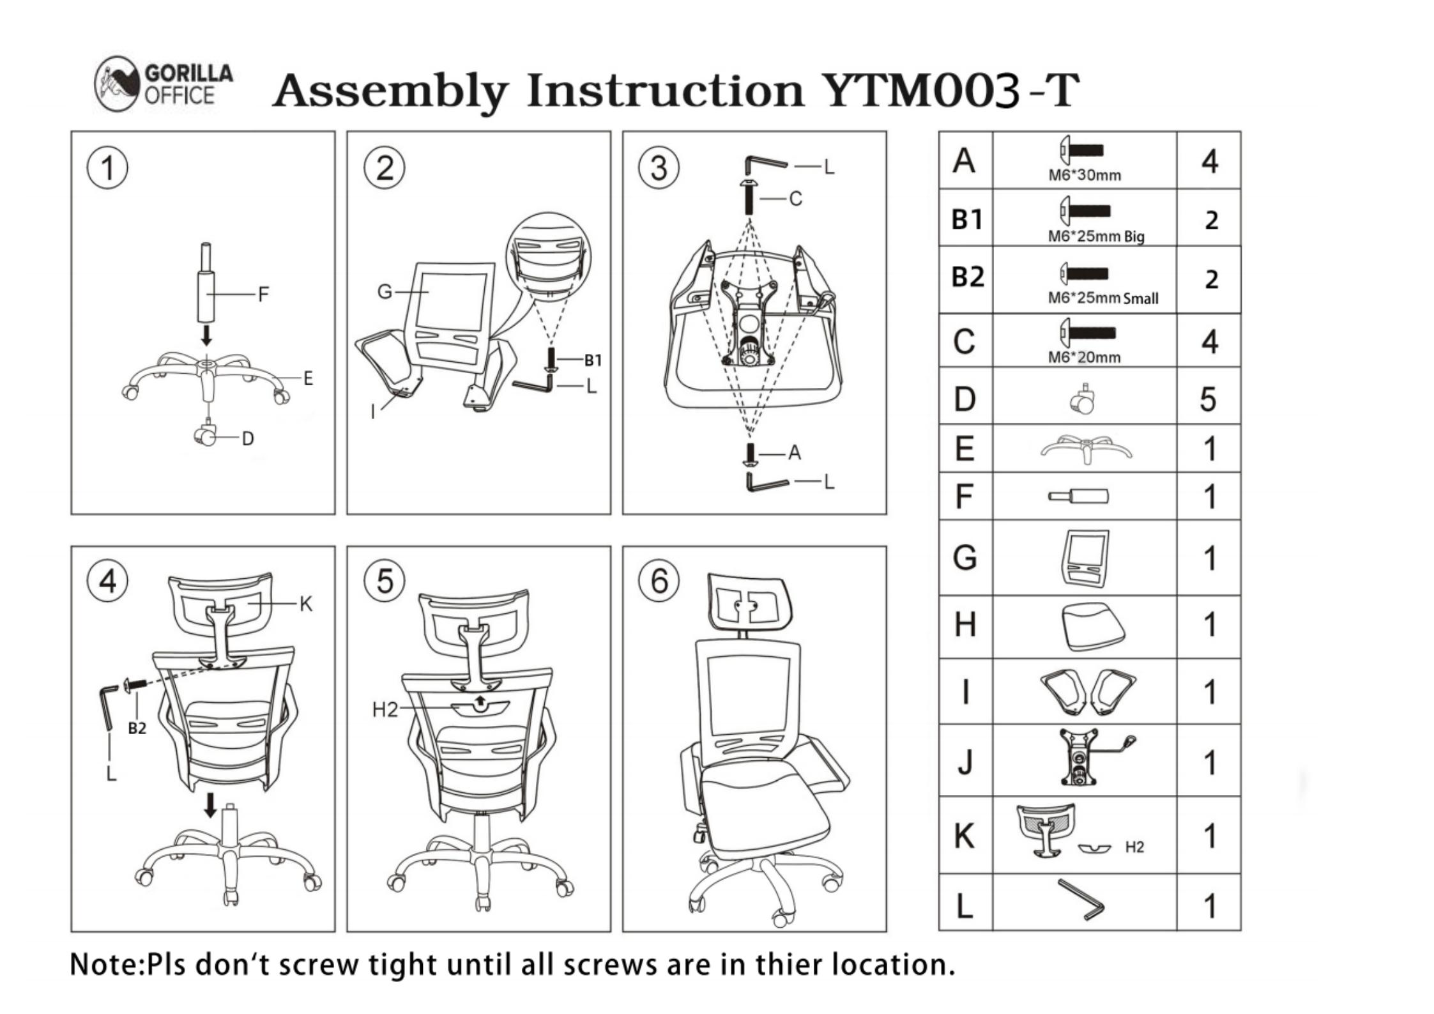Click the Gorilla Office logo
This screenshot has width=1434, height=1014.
click(164, 84)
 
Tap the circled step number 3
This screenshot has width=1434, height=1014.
click(659, 167)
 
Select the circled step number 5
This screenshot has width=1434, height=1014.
click(384, 581)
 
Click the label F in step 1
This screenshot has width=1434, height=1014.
click(263, 295)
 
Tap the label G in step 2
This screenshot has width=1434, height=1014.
click(385, 292)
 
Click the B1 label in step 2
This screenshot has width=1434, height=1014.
click(593, 360)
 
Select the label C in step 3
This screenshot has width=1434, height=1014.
click(795, 199)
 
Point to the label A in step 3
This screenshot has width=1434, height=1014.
click(794, 453)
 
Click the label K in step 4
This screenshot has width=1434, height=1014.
click(306, 604)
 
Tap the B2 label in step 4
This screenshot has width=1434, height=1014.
click(137, 728)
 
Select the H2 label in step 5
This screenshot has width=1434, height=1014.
click(385, 709)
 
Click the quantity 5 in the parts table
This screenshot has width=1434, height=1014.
click(1208, 399)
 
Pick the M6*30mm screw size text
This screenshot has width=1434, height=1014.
click(1085, 175)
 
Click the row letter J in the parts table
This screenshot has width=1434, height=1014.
click(965, 762)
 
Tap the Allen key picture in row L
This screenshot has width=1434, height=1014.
click(1081, 899)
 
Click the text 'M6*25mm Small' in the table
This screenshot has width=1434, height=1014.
click(1103, 298)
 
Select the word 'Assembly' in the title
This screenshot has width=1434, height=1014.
click(391, 91)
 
